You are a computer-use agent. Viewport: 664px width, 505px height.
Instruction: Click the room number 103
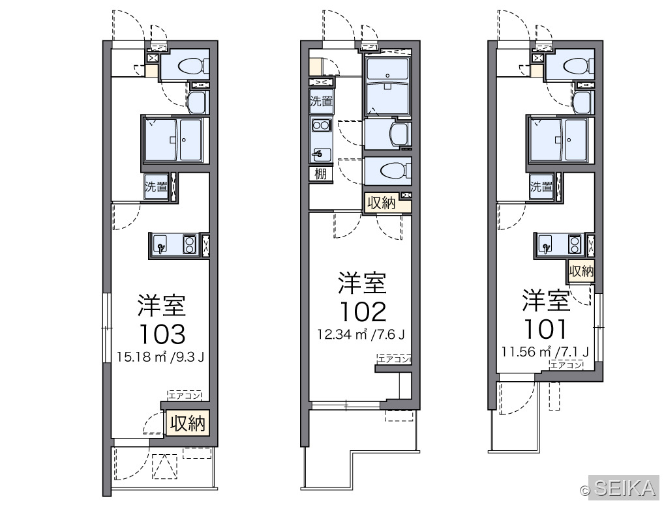pyautogui.click(x=162, y=334)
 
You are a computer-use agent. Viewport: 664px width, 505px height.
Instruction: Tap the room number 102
pyautogui.click(x=363, y=312)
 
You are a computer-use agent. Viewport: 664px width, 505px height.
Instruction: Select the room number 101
pyautogui.click(x=545, y=329)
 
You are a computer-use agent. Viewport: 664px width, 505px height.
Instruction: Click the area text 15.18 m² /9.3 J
pyautogui.click(x=161, y=357)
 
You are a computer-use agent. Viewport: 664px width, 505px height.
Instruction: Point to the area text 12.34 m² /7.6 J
pyautogui.click(x=361, y=335)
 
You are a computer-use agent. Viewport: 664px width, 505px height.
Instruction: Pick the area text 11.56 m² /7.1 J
pyautogui.click(x=545, y=351)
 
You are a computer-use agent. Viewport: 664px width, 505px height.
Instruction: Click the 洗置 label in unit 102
pyautogui.click(x=321, y=102)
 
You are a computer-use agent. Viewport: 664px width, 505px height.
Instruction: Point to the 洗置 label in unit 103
pyautogui.click(x=156, y=186)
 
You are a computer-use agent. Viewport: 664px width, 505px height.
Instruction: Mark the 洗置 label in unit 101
pyautogui.click(x=541, y=186)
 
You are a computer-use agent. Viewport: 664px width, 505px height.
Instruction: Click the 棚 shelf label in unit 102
pyautogui.click(x=320, y=174)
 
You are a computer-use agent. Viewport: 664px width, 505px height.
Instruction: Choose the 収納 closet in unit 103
pyautogui.click(x=188, y=423)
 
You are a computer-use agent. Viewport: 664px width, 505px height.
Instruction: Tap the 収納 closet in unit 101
pyautogui.click(x=581, y=270)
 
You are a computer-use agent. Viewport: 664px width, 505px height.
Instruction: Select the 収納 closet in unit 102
pyautogui.click(x=381, y=203)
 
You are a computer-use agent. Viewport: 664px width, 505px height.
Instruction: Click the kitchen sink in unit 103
pyautogui.click(x=160, y=245)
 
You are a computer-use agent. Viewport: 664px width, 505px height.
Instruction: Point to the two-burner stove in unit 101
pyautogui.click(x=575, y=245)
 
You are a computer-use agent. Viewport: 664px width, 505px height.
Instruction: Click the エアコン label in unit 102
pyautogui.click(x=393, y=359)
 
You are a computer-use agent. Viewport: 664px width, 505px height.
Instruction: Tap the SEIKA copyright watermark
pyautogui.click(x=619, y=489)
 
